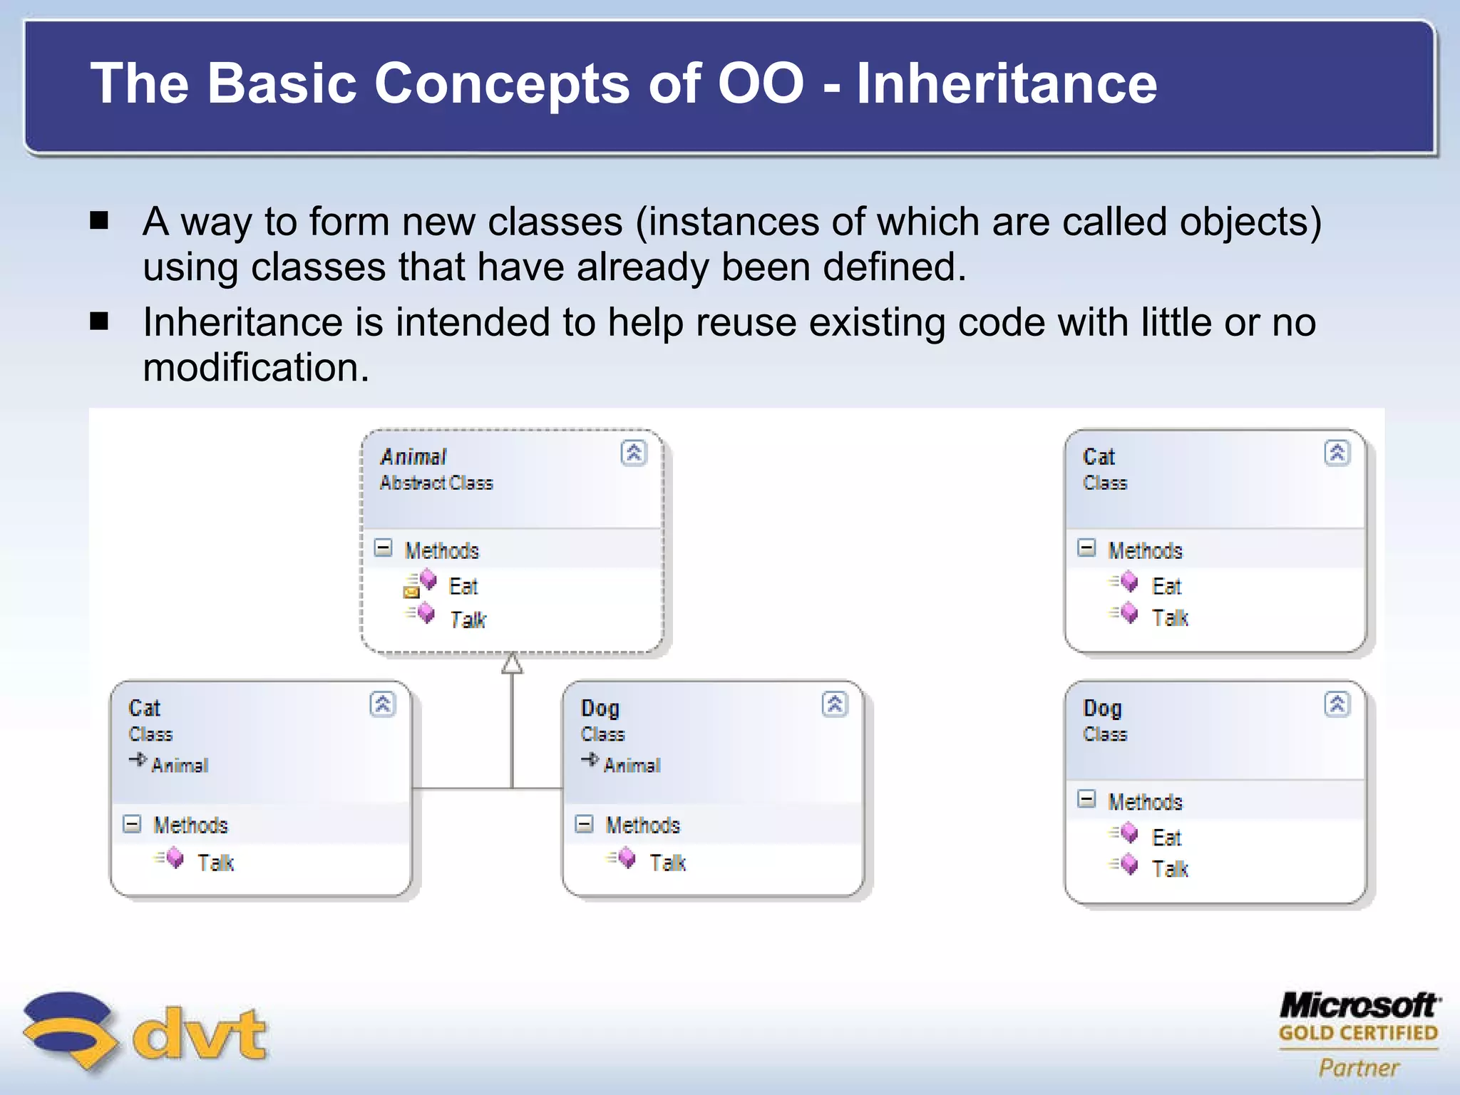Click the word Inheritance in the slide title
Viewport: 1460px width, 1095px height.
coord(1006,83)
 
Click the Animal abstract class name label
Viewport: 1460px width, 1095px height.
coord(413,456)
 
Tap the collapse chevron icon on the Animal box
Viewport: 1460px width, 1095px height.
coord(633,453)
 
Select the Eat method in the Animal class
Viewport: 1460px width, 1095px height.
coord(463,586)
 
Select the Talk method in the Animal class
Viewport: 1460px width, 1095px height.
coord(467,620)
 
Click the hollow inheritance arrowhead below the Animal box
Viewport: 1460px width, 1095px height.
coord(512,664)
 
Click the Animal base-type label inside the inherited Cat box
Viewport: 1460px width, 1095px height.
coord(179,765)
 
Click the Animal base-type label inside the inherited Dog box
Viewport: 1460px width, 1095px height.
coord(631,765)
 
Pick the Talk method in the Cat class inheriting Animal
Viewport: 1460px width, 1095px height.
coord(215,863)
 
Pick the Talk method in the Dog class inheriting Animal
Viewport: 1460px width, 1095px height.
coord(667,863)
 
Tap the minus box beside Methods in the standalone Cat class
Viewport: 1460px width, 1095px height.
coord(1086,548)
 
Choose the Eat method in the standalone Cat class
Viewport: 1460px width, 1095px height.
coord(1166,586)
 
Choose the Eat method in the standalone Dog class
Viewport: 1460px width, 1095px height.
coord(1166,837)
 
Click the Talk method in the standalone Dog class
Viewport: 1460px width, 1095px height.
coord(1170,868)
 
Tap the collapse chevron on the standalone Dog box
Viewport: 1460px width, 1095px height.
coord(1337,704)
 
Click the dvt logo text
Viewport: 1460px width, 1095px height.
coord(200,1034)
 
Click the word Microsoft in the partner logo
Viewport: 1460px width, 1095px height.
coord(1359,1005)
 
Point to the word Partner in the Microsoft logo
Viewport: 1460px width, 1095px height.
coord(1359,1067)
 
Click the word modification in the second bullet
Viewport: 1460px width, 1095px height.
coord(255,368)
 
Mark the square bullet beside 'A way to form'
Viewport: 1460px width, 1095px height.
coord(99,220)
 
